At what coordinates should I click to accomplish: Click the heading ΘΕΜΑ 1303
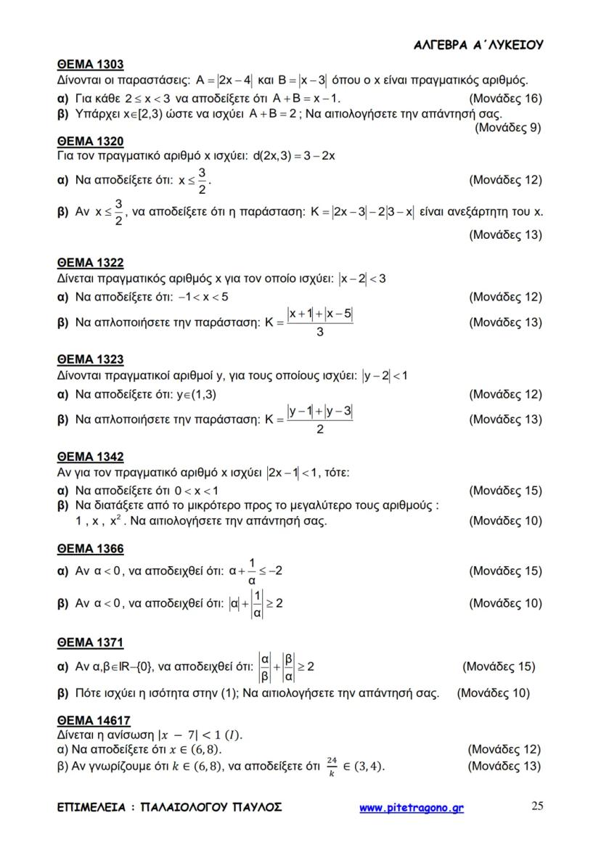click(x=90, y=65)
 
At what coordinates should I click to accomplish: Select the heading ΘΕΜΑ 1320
click(x=90, y=141)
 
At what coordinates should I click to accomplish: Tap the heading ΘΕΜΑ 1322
click(x=90, y=263)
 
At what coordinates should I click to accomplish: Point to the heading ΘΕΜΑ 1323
click(x=90, y=359)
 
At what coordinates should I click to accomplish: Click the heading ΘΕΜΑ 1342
click(x=90, y=457)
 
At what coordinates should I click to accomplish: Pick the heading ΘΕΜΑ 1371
click(x=90, y=642)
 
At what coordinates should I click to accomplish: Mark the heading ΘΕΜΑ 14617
click(x=94, y=721)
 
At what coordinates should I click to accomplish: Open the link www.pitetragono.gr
click(x=412, y=808)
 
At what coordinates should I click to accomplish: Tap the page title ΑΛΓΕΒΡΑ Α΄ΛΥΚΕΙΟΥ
click(x=478, y=45)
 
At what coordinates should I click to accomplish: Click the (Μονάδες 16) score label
click(x=505, y=98)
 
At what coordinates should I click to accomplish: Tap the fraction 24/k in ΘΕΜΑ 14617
click(x=332, y=766)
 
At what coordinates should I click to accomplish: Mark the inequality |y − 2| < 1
click(x=385, y=375)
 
